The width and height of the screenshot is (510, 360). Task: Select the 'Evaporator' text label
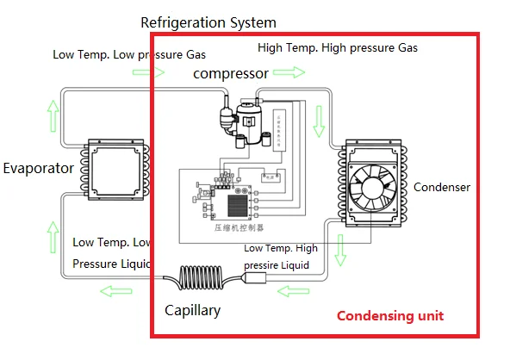coord(37,168)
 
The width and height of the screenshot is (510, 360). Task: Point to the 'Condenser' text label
coord(442,187)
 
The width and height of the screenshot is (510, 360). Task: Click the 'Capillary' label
coord(192,310)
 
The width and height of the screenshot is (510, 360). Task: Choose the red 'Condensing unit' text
coord(389,316)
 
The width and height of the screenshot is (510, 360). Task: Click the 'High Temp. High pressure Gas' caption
coord(338,48)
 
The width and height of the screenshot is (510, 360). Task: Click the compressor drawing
coord(244,116)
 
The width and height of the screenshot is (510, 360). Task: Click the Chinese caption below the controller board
coord(239,227)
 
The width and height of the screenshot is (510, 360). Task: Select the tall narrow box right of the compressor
coord(279,130)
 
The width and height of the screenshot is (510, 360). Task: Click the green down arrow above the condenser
coord(320,121)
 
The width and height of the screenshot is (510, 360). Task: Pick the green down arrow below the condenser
coord(341,250)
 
